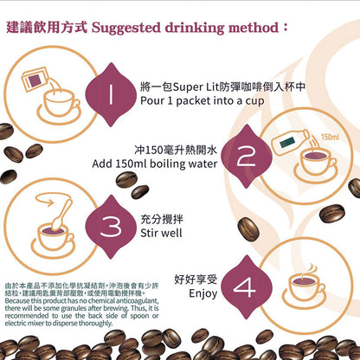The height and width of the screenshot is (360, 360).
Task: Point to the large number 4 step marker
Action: pos(244,286)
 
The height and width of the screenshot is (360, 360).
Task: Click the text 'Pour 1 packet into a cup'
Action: pos(201,100)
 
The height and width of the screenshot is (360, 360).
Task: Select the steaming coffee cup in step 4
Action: pos(305,286)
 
